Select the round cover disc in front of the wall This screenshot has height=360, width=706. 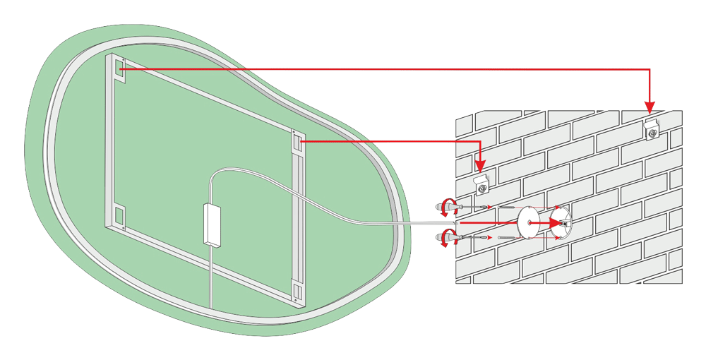(528, 222)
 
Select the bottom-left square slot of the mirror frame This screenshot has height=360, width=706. (118, 213)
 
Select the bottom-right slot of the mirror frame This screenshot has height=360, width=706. (296, 290)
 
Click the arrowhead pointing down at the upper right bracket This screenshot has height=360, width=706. (650, 107)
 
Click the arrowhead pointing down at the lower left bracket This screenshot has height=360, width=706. (480, 167)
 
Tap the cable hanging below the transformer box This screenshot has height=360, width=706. (210, 275)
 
